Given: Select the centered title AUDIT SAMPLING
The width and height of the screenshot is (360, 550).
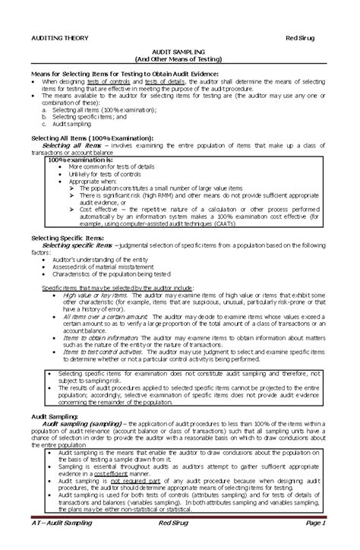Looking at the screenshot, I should [x=179, y=50].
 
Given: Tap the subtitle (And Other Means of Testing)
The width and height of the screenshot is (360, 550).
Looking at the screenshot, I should [x=179, y=58].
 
